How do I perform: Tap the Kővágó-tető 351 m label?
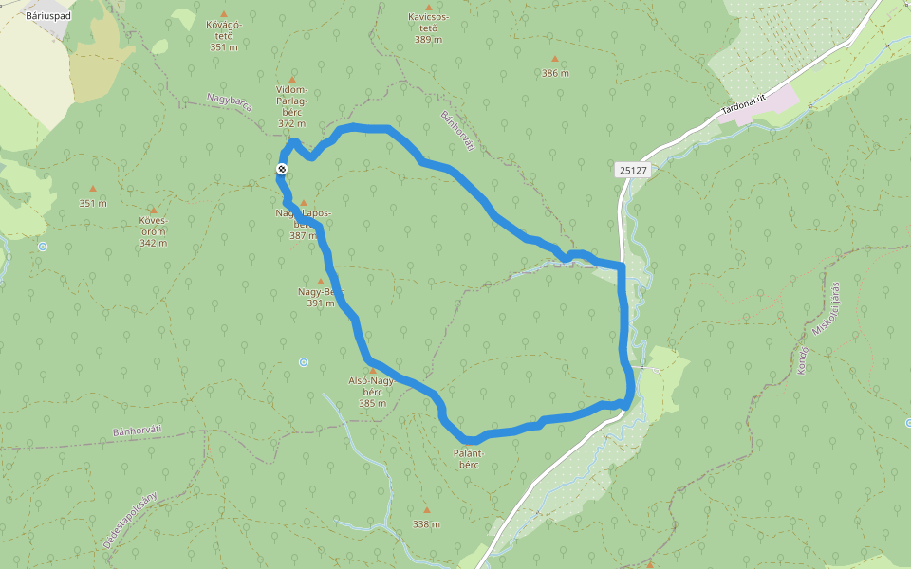coord(224,36)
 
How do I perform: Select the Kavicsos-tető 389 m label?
coord(428,28)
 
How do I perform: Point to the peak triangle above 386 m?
coord(555,59)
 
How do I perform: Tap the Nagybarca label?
coord(230,102)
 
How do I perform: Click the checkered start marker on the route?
coord(282,169)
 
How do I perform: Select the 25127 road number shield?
coord(631,170)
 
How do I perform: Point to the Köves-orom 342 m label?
coord(153,230)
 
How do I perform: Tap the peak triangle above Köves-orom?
coord(153,211)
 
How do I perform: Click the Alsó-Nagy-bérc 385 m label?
coord(372,392)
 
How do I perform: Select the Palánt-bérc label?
coord(469,458)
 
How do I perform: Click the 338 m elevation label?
coord(426,523)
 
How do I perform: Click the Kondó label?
coord(803,359)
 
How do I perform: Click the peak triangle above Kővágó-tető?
coord(224,14)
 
